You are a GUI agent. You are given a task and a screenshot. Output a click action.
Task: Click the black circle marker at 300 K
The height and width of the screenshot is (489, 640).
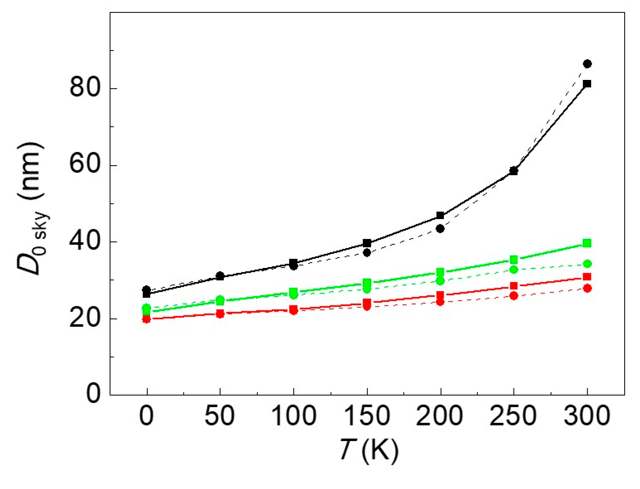pyautogui.click(x=587, y=64)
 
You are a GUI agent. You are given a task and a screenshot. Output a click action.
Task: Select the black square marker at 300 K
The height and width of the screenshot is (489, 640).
pyautogui.click(x=587, y=84)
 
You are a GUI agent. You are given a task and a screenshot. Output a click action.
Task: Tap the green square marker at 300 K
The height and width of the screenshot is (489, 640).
pyautogui.click(x=587, y=243)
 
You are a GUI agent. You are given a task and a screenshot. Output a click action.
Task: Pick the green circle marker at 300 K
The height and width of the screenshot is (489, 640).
pyautogui.click(x=587, y=264)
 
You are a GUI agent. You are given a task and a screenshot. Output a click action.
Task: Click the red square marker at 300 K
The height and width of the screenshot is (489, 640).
pyautogui.click(x=587, y=277)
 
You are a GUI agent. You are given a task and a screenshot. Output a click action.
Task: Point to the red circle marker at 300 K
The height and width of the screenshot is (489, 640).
pyautogui.click(x=587, y=289)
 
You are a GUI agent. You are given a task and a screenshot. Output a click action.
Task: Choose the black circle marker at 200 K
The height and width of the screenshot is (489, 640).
pyautogui.click(x=440, y=229)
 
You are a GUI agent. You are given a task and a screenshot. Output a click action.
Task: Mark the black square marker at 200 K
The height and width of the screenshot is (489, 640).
pyautogui.click(x=440, y=216)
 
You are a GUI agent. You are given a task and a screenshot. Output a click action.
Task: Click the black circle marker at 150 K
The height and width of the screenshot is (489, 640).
pyautogui.click(x=367, y=253)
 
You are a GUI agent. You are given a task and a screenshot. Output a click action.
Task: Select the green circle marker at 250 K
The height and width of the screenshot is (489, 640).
pyautogui.click(x=514, y=270)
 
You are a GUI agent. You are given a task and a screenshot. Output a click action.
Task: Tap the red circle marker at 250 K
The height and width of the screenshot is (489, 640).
pyautogui.click(x=514, y=296)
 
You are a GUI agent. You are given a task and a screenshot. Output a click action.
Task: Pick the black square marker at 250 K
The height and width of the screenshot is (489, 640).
pyautogui.click(x=514, y=171)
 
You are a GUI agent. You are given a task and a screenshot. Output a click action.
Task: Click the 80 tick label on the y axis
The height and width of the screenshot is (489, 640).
pyautogui.click(x=85, y=89)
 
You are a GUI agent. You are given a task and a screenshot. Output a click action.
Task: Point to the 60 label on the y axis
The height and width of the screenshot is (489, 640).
pyautogui.click(x=85, y=165)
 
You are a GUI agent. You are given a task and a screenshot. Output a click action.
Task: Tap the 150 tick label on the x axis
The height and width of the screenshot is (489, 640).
pyautogui.click(x=367, y=416)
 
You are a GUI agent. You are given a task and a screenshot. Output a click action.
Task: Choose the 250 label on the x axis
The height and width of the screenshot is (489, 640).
pyautogui.click(x=513, y=416)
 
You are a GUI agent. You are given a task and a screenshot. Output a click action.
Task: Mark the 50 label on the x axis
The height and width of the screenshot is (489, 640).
pyautogui.click(x=220, y=416)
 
